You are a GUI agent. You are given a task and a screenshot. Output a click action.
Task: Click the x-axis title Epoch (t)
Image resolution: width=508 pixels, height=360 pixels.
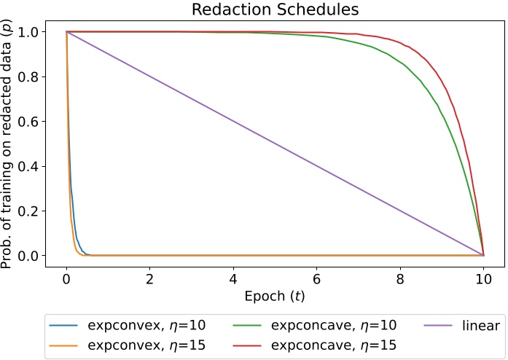[x=274, y=297]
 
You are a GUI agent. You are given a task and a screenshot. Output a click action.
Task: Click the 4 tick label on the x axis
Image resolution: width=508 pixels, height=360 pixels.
[x=233, y=280]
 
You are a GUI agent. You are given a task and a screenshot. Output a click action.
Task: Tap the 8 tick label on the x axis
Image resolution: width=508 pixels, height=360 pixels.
[x=400, y=280]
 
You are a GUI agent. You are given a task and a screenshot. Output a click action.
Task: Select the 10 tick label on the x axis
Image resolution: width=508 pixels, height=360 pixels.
[x=483, y=280]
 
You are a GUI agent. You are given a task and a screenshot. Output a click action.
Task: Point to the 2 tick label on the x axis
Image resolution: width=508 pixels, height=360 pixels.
[x=149, y=280]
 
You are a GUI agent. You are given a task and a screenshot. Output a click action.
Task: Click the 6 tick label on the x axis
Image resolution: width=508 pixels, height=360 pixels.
[x=316, y=280]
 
